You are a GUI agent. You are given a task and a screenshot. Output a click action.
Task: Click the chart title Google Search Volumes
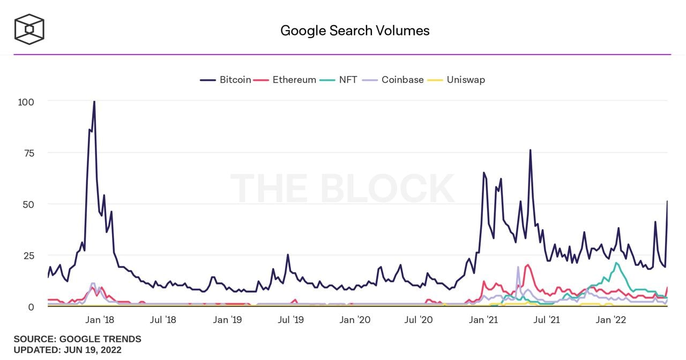pos(355,31)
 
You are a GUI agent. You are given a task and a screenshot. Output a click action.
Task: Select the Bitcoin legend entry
pos(226,80)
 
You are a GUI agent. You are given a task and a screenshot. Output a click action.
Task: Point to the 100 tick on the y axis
pos(26,102)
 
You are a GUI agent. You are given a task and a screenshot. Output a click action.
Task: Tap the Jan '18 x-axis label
pos(100,320)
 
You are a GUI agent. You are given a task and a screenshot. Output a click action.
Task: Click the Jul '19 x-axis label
pos(291,320)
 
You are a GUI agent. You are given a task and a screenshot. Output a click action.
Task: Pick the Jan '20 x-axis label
pos(355,320)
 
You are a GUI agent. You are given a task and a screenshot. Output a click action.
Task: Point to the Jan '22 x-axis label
pos(610,320)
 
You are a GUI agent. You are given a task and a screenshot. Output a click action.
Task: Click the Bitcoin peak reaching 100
pos(94,102)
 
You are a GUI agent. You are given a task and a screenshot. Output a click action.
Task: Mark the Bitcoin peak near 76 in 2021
pos(530,151)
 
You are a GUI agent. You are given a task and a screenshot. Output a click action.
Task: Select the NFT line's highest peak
pos(617,263)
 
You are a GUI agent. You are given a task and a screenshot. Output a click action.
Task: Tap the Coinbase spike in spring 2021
pos(518,267)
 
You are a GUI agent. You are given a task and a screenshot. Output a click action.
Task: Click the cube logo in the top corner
pos(29,29)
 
